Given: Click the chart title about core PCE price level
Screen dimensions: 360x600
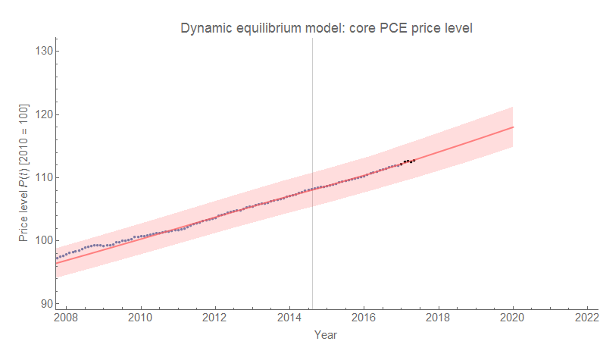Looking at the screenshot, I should click(327, 29).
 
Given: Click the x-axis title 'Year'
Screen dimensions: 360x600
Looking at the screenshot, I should click(326, 334).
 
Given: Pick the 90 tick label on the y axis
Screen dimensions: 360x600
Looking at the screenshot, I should click(45, 304).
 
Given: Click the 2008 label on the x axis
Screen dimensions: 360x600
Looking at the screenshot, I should click(67, 318).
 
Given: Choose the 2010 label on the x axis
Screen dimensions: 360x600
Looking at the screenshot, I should click(141, 318).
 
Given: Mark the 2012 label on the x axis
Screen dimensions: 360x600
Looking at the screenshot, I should click(215, 318).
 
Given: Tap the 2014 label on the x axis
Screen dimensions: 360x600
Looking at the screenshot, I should click(289, 318).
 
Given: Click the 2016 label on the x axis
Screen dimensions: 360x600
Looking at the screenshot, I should click(364, 318).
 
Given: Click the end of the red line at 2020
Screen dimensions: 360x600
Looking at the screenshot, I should click(513, 127).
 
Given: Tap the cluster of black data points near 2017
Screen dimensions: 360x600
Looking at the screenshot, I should click(408, 161).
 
